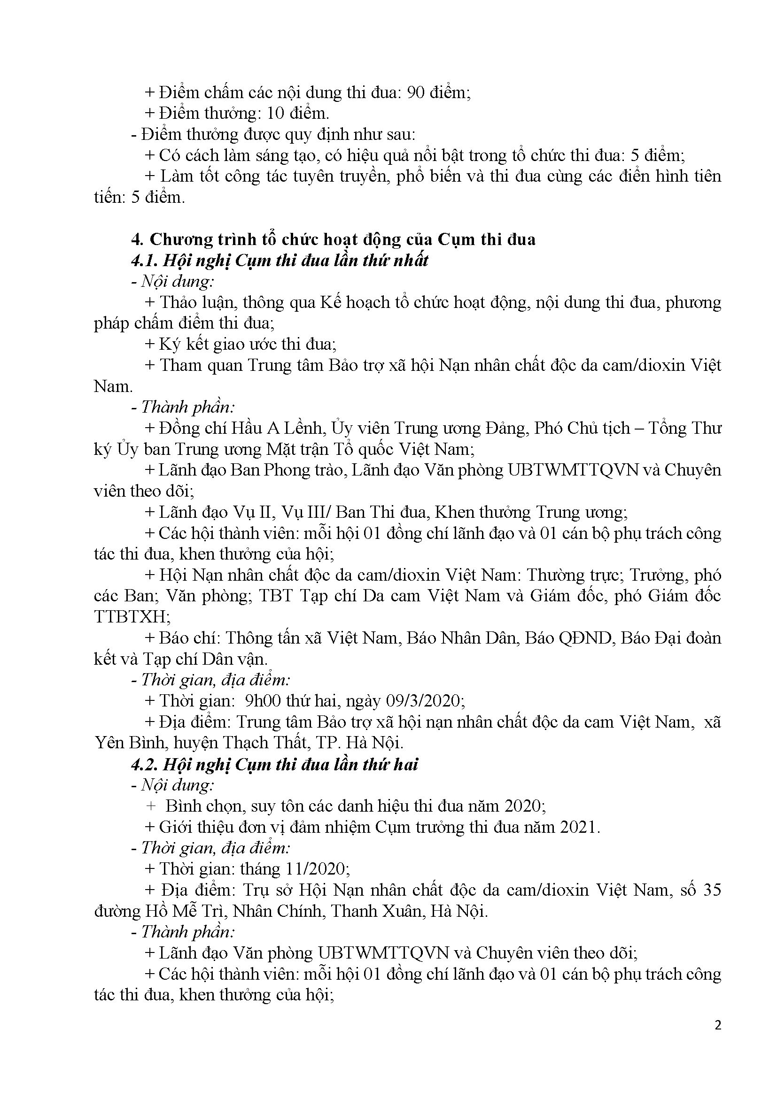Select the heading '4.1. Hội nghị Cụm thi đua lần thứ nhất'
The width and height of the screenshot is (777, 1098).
(280, 261)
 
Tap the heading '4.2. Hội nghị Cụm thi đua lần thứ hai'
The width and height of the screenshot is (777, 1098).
(274, 764)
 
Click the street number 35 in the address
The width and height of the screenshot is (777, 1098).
(711, 890)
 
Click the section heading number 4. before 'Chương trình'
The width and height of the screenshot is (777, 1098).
(136, 239)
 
